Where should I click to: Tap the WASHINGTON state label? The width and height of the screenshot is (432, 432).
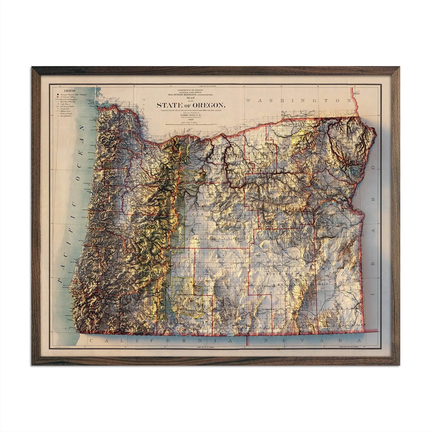click(300, 100)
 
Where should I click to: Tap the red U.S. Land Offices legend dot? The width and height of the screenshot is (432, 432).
click(57, 97)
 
